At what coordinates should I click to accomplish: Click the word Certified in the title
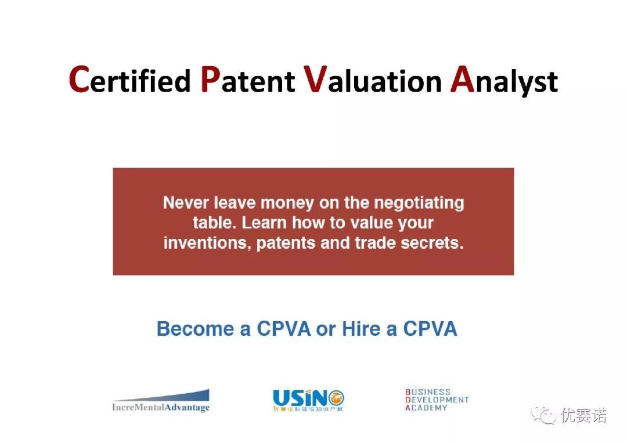pyautogui.click(x=129, y=80)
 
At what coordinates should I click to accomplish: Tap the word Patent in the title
pyautogui.click(x=247, y=80)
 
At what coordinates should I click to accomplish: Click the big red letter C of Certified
pyautogui.click(x=78, y=79)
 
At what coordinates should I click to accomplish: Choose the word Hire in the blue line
pyautogui.click(x=361, y=329)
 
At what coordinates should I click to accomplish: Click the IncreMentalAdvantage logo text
pyautogui.click(x=161, y=408)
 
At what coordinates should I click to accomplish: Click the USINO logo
pyautogui.click(x=308, y=400)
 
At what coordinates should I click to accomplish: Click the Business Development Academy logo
pyautogui.click(x=437, y=400)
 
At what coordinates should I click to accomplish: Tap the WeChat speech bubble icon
pyautogui.click(x=545, y=416)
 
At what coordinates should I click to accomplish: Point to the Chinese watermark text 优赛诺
pyautogui.click(x=583, y=416)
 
